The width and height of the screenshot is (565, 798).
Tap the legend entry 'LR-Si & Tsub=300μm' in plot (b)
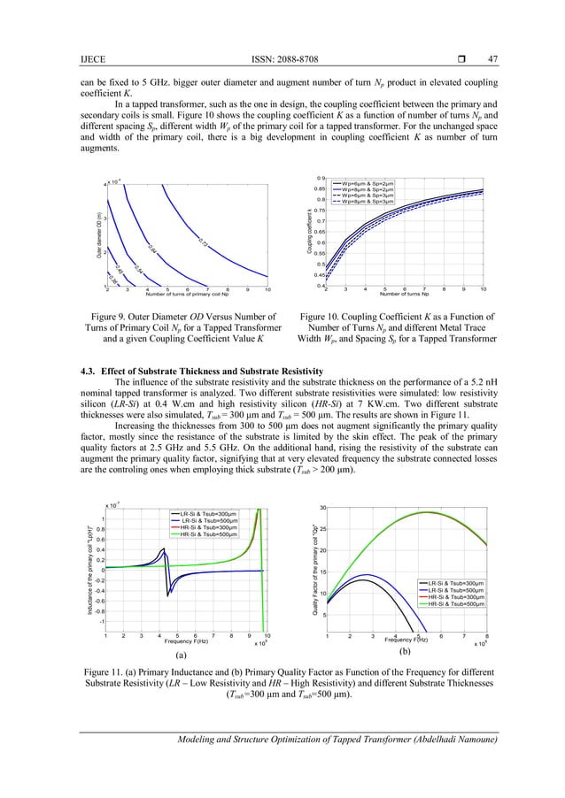click(446, 583)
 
